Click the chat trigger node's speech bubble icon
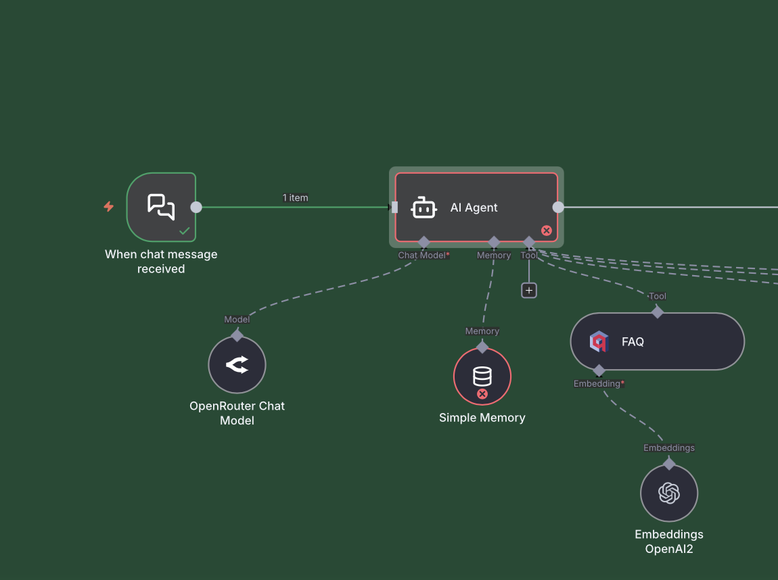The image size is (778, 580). coord(161,206)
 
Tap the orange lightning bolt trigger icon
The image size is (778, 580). coord(108,207)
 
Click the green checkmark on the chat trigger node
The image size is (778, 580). coord(184,231)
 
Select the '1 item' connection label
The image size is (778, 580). coord(295,198)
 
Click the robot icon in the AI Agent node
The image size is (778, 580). coord(424,208)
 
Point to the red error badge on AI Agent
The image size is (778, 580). coord(547,231)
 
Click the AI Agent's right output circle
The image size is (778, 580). coord(558,208)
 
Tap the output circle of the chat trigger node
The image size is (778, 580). coord(196,207)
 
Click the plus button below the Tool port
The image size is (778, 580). coord(529,290)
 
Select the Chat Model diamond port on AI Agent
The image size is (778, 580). coord(424,242)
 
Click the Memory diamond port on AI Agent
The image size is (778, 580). coord(494,242)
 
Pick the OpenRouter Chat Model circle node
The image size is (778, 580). coord(237,365)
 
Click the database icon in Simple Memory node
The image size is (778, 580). coord(482,375)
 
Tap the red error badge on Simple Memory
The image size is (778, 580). coord(482,393)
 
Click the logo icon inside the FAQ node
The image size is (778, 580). coord(598,342)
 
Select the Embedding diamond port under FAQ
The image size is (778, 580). coord(599,370)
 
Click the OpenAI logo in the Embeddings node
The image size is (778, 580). coord(669,493)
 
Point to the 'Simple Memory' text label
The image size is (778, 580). coord(482,418)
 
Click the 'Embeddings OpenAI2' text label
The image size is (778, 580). coord(669,541)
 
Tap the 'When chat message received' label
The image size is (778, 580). coord(161,262)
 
